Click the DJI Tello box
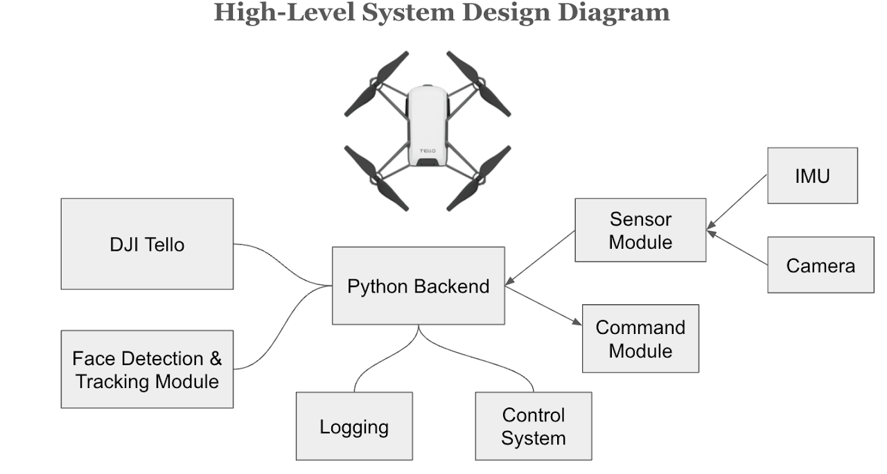pos(147,244)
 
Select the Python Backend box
pos(418,286)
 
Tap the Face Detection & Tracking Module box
pos(147,369)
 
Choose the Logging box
pos(354,426)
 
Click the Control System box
pos(533,426)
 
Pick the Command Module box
pos(640,338)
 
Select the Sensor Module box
pos(640,230)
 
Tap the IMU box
pos(812,175)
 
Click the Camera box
pos(820,265)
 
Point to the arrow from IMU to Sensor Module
pos(737,202)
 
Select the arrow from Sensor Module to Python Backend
pos(541,257)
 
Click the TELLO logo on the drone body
pos(428,150)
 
